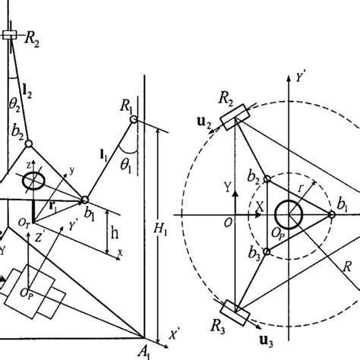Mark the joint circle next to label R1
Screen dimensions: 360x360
[x=133, y=118]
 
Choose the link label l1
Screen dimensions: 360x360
[x=102, y=156]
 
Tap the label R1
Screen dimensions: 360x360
[x=125, y=104]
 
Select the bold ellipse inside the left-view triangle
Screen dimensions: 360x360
[x=34, y=183]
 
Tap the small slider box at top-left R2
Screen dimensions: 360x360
[x=11, y=35]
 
